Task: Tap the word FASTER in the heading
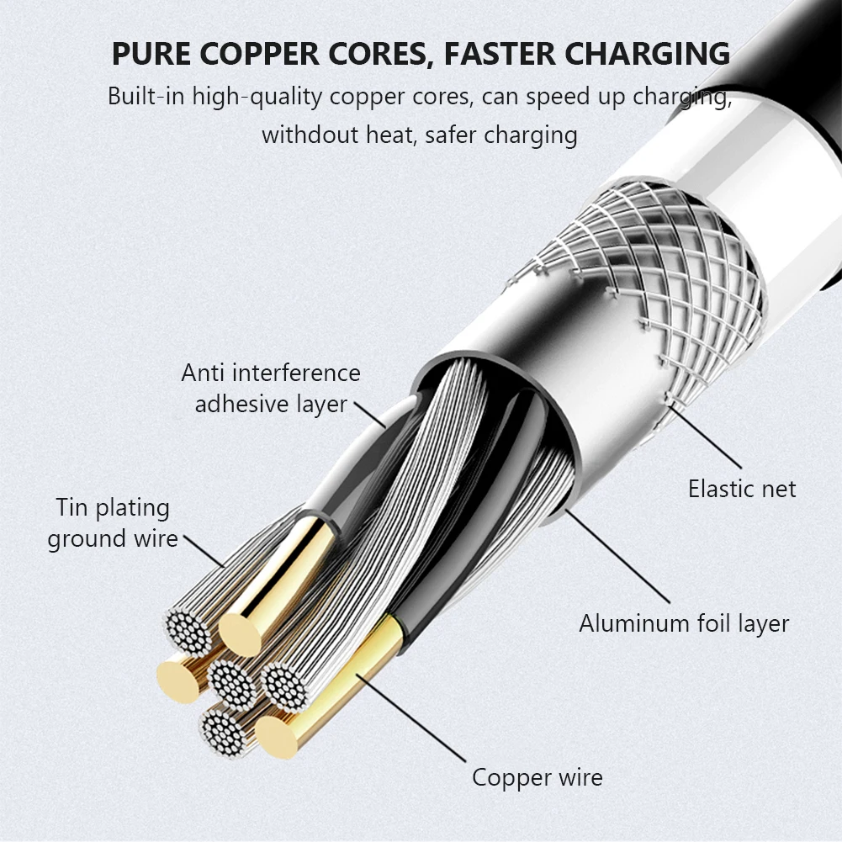pyautogui.click(x=498, y=53)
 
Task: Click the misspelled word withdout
pyautogui.click(x=309, y=135)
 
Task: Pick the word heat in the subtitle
pyautogui.click(x=389, y=135)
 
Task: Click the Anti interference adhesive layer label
pyautogui.click(x=271, y=388)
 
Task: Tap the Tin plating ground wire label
pyautogui.click(x=113, y=522)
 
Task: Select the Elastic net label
pyautogui.click(x=742, y=488)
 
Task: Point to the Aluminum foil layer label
pyautogui.click(x=683, y=623)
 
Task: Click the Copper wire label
pyautogui.click(x=537, y=776)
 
